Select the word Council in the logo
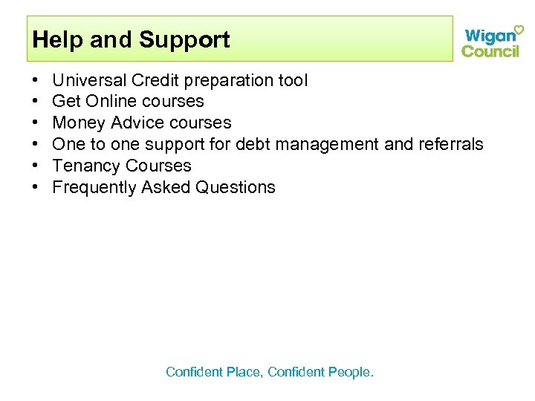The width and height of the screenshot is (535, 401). [490, 50]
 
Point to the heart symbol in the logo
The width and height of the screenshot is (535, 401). [519, 29]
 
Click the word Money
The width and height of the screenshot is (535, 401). [78, 123]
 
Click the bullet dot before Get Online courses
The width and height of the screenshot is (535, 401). [36, 102]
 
